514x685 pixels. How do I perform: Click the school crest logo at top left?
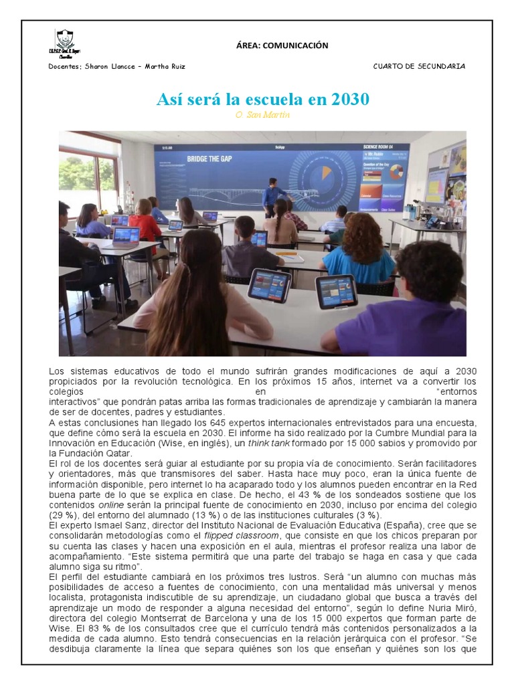tap(65, 41)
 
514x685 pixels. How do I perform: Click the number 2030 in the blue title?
tap(349, 100)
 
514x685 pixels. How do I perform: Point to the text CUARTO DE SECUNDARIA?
tap(419, 66)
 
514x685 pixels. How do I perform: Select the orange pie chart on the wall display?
tap(326, 172)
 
